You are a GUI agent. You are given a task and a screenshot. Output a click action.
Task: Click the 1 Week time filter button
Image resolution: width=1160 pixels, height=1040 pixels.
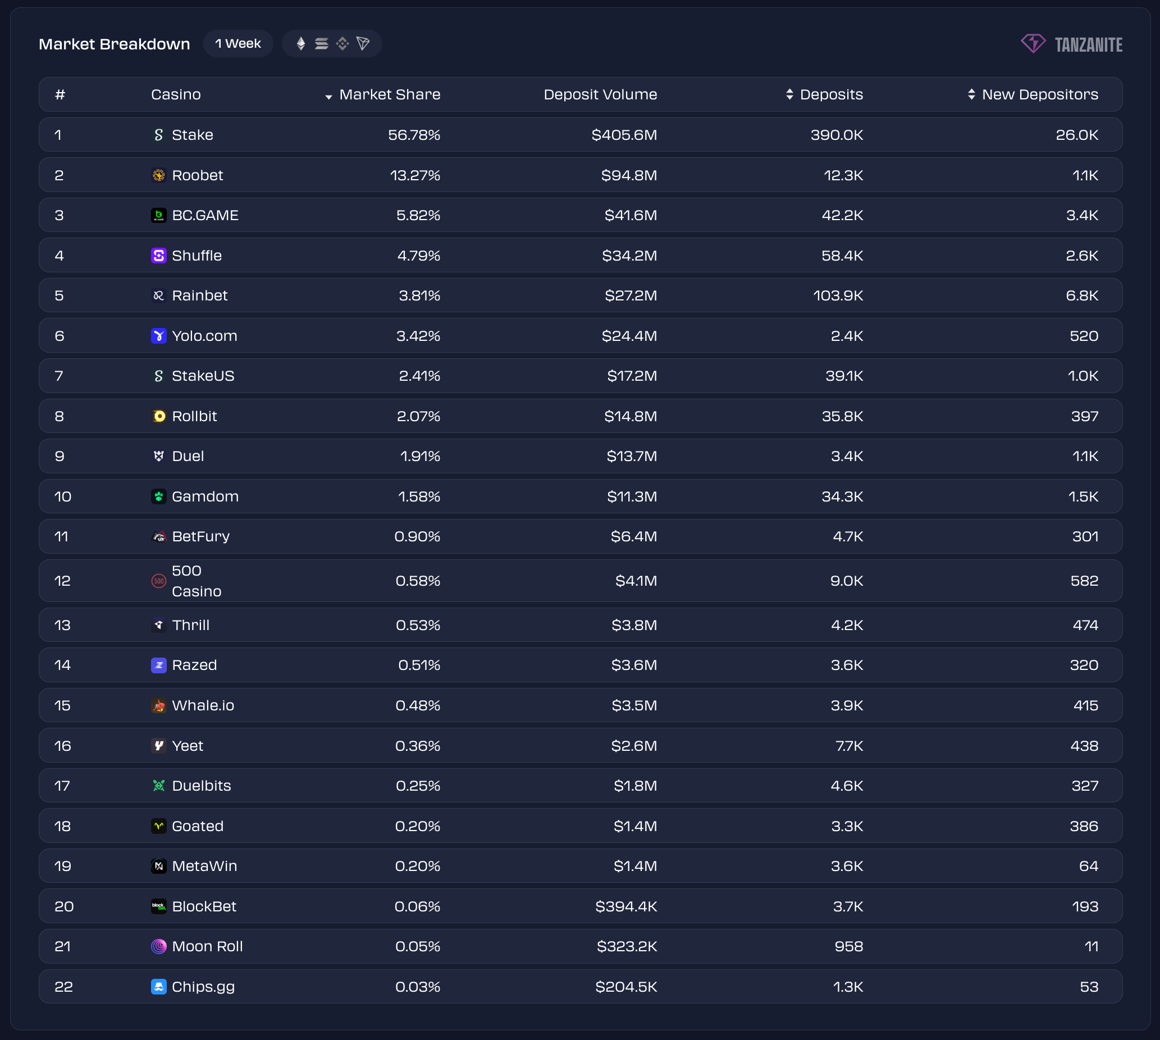tap(238, 43)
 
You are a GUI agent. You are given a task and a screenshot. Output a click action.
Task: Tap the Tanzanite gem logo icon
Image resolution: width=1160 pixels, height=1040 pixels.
tap(1033, 43)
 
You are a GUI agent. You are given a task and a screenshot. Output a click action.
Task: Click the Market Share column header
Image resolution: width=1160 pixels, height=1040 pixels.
tap(389, 94)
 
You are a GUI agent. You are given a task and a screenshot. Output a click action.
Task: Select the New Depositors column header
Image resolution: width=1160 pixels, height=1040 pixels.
tap(1039, 94)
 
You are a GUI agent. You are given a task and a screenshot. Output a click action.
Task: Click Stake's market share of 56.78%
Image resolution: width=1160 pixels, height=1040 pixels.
tap(414, 135)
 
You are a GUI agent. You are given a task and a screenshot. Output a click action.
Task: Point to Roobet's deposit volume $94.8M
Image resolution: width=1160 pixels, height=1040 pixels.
tap(629, 175)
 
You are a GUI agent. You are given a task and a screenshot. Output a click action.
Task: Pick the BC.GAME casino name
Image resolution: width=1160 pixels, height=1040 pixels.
tap(205, 215)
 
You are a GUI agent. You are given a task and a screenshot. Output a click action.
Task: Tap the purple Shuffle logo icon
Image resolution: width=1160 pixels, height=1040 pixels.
tap(158, 256)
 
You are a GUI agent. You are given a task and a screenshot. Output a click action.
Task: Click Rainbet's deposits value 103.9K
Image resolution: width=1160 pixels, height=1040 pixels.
tap(838, 295)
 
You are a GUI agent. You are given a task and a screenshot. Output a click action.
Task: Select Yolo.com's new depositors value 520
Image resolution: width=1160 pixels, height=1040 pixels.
tap(1084, 336)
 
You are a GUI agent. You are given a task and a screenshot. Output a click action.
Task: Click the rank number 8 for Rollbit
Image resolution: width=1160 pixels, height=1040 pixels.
tap(60, 416)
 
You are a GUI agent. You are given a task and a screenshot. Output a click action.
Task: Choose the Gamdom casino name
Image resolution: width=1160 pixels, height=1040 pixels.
tap(205, 496)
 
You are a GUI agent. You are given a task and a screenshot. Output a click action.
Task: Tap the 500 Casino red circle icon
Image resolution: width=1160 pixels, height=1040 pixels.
tap(158, 581)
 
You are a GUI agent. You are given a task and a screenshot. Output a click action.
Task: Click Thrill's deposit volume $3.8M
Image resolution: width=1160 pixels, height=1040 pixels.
tap(634, 625)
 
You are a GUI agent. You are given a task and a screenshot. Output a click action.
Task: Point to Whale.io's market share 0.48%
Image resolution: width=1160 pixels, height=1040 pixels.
tap(417, 706)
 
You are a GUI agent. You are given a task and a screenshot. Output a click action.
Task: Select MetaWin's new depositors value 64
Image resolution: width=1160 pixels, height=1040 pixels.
tap(1088, 866)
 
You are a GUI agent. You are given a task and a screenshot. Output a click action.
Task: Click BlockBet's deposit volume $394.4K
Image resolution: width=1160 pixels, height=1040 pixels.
tap(625, 906)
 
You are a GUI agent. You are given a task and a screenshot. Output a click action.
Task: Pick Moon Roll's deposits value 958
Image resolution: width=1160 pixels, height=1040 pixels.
tap(848, 946)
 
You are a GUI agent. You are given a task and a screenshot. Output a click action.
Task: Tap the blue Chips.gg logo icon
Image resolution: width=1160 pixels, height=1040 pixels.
tap(158, 987)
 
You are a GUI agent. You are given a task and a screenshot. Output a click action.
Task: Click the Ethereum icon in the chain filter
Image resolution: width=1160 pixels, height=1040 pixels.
tap(301, 43)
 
